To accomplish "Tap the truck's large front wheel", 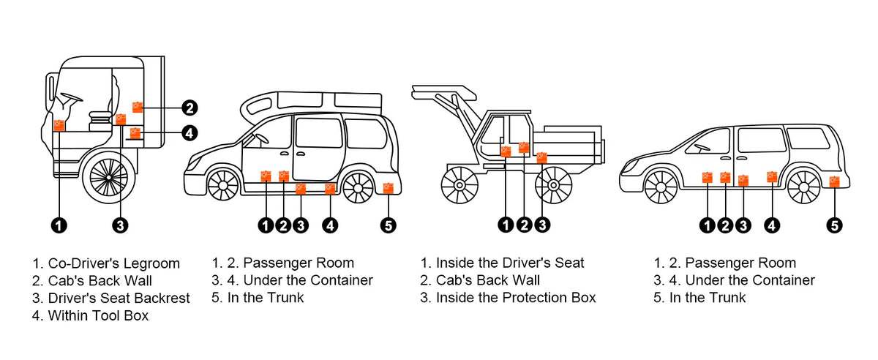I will pos(109,178).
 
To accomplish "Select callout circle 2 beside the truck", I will pos(189,108).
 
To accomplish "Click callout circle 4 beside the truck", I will pos(189,133).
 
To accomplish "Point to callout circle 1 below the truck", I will pos(59,225).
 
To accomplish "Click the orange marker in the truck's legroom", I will pos(59,125).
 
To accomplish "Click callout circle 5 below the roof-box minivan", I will pos(389,225).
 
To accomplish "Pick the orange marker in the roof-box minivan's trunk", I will pos(389,188).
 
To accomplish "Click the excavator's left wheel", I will pos(459,185).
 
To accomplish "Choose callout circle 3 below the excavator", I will pos(541,225).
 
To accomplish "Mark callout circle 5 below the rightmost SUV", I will pos(835,225).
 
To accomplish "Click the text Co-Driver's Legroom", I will pos(113,263).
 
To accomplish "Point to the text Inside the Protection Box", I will pos(515,298).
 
